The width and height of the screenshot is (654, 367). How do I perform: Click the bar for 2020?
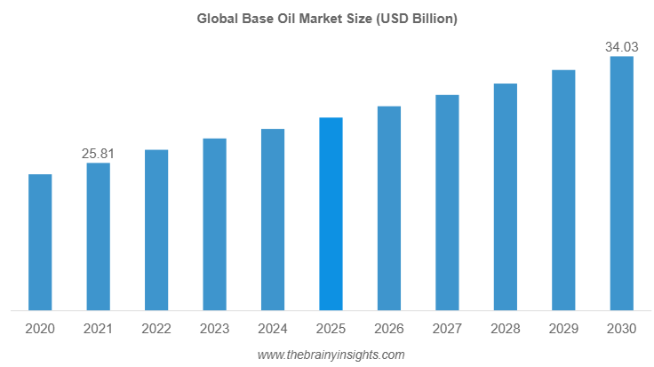click(x=40, y=243)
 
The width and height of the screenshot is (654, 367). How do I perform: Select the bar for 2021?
click(x=98, y=237)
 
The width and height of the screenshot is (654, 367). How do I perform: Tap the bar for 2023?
click(x=214, y=225)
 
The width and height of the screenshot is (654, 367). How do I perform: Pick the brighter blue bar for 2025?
click(x=331, y=214)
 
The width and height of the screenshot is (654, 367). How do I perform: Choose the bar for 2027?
click(x=447, y=203)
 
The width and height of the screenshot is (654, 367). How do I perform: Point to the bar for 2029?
click(x=563, y=190)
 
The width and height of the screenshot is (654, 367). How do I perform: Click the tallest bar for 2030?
click(x=621, y=184)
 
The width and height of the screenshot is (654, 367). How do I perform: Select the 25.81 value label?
click(x=98, y=154)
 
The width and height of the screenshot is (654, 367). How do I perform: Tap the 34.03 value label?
click(x=621, y=47)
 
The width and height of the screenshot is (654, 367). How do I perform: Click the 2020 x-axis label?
click(x=40, y=329)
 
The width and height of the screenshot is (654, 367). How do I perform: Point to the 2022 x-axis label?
click(x=156, y=329)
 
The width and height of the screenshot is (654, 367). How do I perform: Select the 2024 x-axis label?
click(x=273, y=329)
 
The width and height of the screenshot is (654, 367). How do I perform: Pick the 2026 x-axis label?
click(x=389, y=329)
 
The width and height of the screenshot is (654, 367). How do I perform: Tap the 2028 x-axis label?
click(x=505, y=329)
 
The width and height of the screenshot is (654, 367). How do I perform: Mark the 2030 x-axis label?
click(x=621, y=329)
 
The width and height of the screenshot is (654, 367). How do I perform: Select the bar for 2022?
click(x=156, y=230)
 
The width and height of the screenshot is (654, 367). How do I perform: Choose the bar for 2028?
click(x=505, y=197)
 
